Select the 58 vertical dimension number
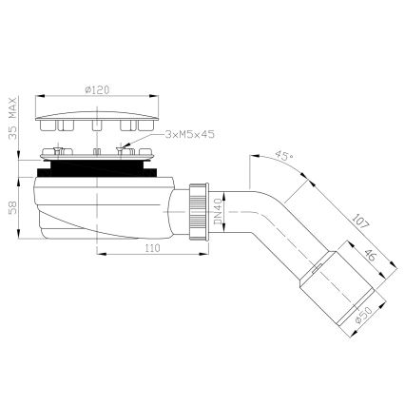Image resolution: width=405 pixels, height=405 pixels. (x=11, y=205)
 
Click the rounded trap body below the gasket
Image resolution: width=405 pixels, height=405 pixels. (x=95, y=204)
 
